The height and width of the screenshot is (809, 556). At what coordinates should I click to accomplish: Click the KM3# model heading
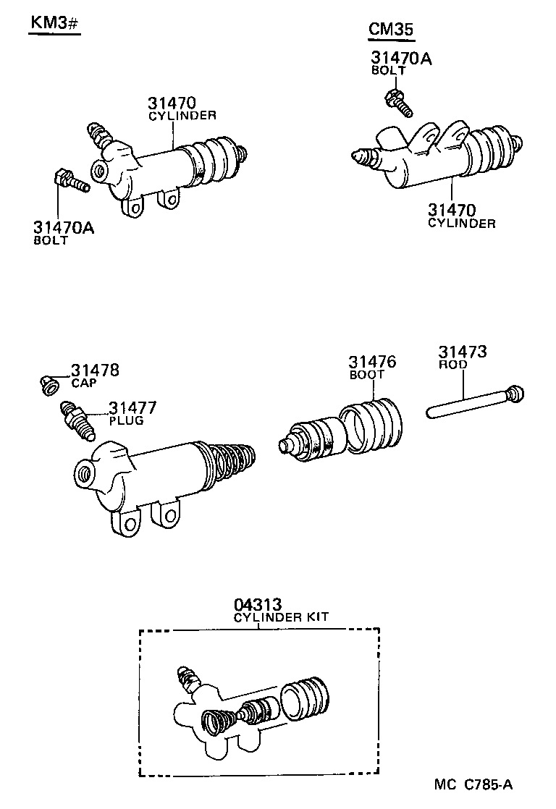(54, 22)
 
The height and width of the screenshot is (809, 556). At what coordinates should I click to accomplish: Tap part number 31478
(95, 371)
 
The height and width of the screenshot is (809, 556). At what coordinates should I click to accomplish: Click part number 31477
(132, 408)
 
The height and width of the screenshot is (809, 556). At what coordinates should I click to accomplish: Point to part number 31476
(372, 363)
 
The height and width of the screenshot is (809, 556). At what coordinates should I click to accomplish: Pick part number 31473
(462, 352)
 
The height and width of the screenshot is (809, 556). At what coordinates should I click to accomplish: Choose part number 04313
(258, 604)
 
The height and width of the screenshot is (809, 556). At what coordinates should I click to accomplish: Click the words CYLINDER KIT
(281, 617)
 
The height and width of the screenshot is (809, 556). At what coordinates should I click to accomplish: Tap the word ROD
(452, 365)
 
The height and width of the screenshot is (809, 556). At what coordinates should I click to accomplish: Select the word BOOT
(366, 376)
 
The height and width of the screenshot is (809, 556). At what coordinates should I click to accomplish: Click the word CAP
(83, 383)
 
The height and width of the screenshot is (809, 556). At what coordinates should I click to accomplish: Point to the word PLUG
(126, 420)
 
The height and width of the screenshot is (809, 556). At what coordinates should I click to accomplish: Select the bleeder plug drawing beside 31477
(78, 420)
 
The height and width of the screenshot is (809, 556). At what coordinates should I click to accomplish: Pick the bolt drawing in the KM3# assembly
(69, 181)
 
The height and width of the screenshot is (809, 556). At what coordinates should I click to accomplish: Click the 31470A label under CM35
(401, 58)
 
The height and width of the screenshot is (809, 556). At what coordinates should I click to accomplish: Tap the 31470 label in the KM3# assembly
(173, 103)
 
